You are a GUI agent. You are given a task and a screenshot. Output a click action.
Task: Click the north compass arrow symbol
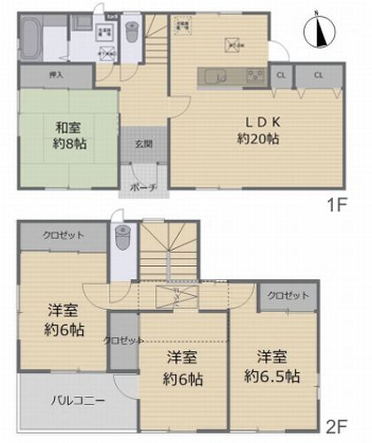[320, 34]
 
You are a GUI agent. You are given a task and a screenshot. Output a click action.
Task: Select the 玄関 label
[143, 145]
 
